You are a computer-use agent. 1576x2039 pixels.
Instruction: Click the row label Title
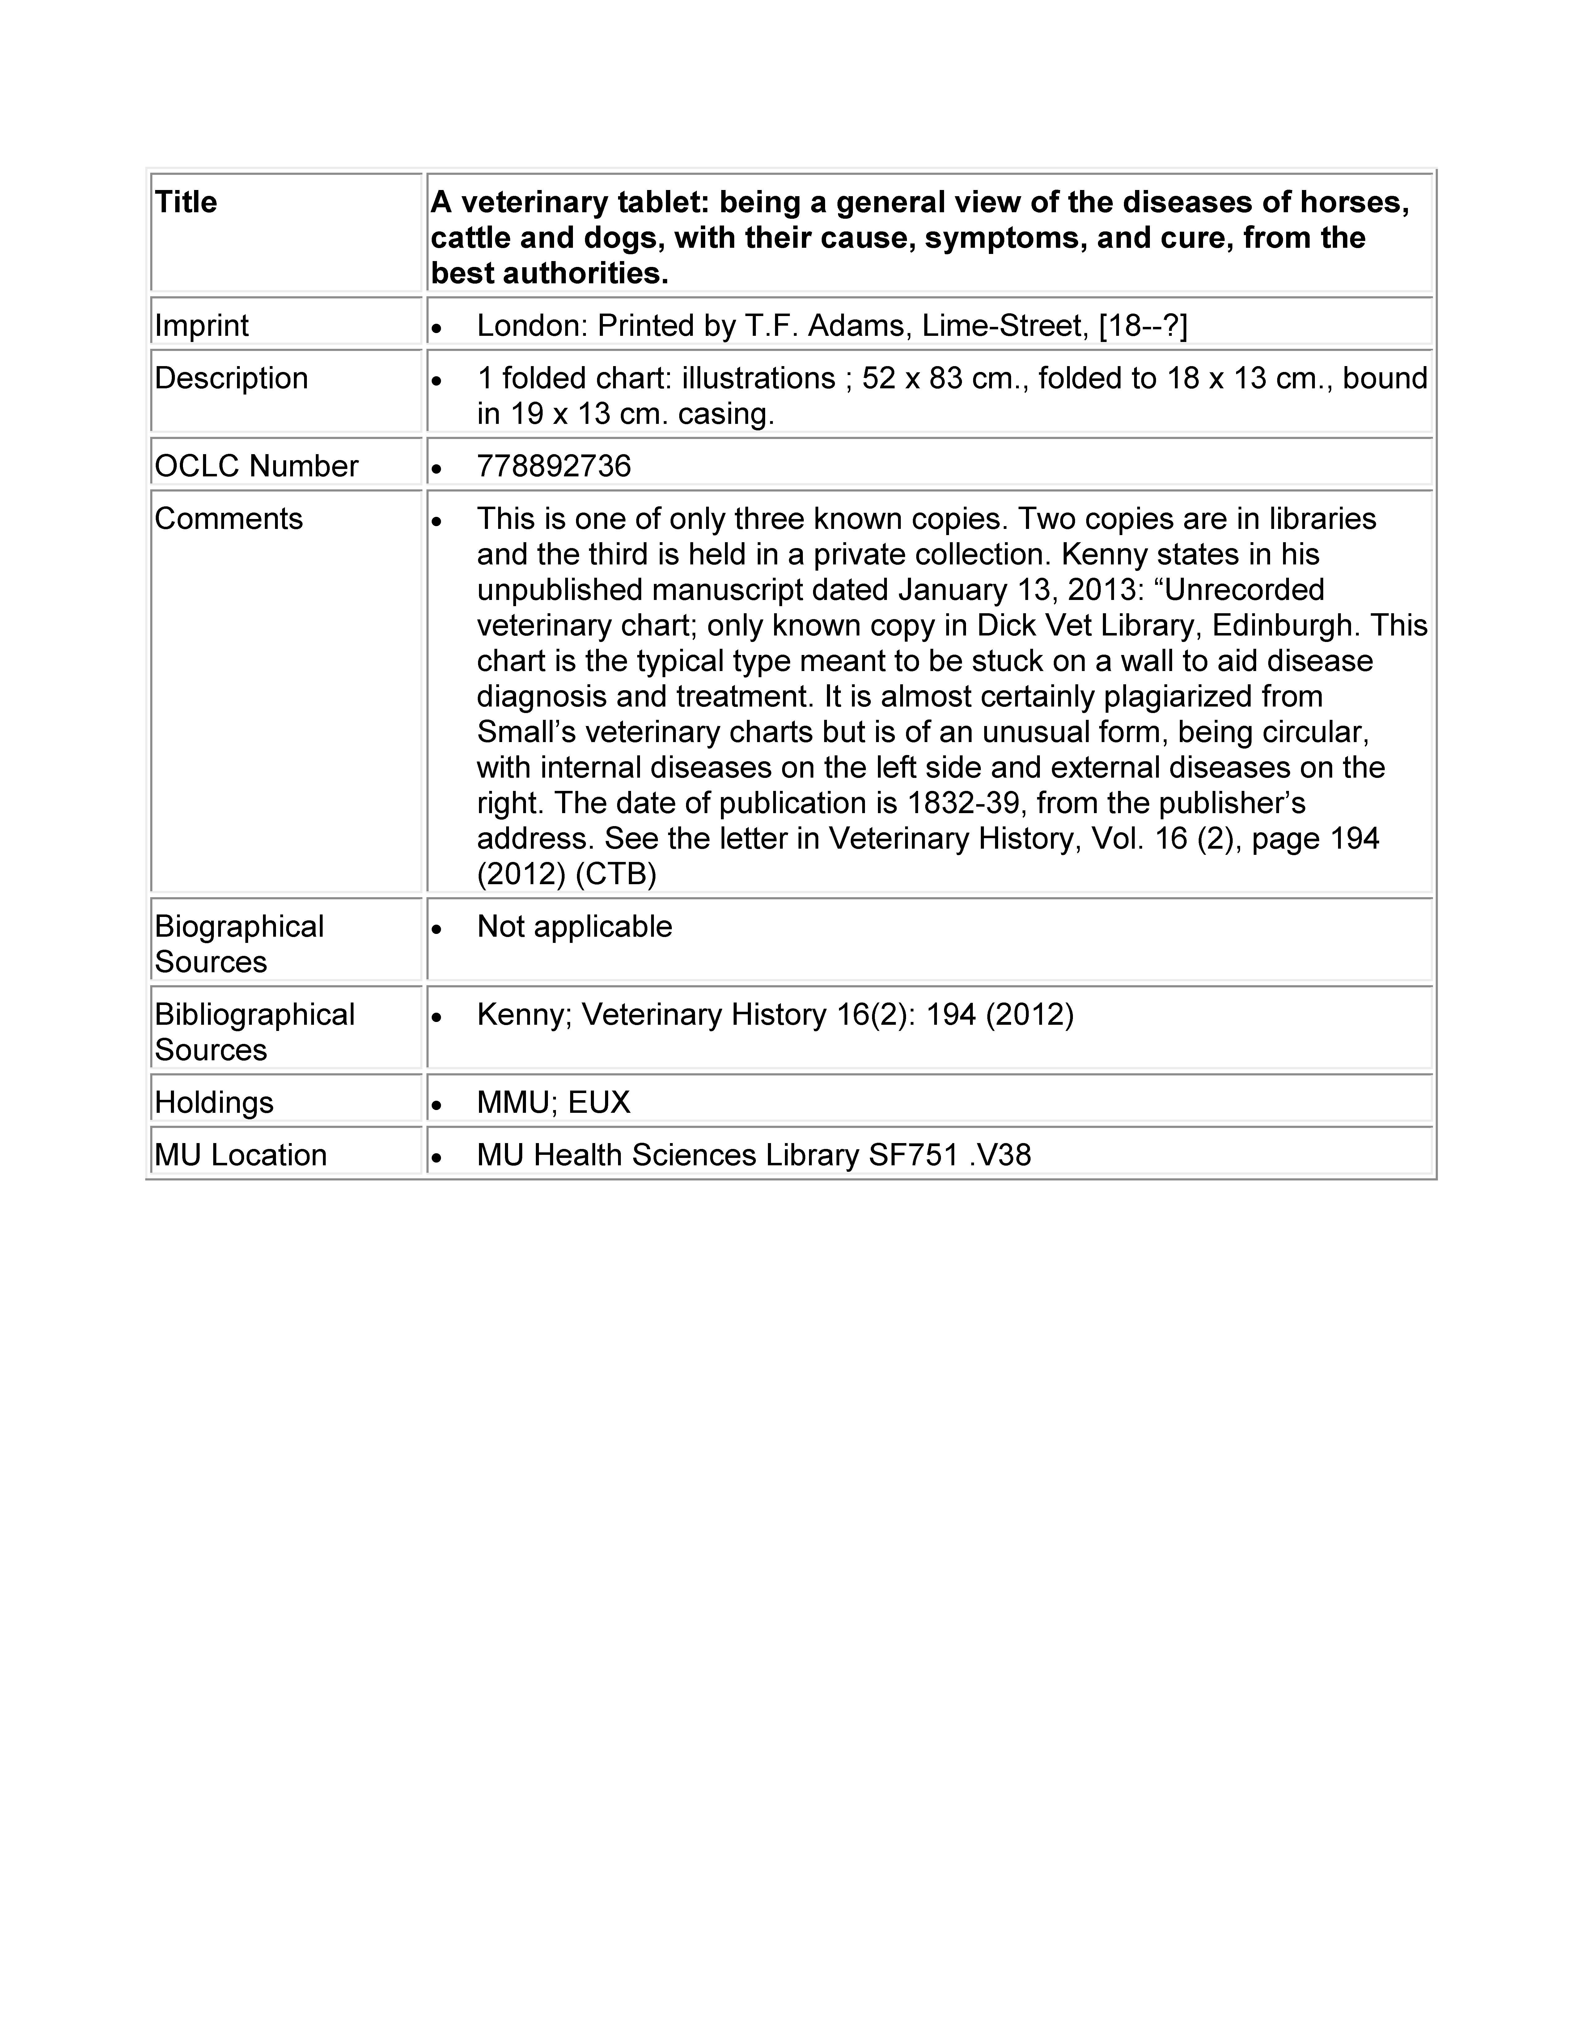pos(186,203)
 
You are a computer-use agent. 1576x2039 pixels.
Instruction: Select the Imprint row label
pos(202,326)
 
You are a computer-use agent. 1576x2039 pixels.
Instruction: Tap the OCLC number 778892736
pos(554,466)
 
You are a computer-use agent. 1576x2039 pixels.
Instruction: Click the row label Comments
pos(229,519)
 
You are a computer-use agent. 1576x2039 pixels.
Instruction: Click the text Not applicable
pos(574,927)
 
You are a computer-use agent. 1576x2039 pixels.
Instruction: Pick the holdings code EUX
pos(599,1103)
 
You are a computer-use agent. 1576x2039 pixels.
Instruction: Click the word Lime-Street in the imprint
pos(1004,326)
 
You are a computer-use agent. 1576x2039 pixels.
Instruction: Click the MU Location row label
pos(240,1156)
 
